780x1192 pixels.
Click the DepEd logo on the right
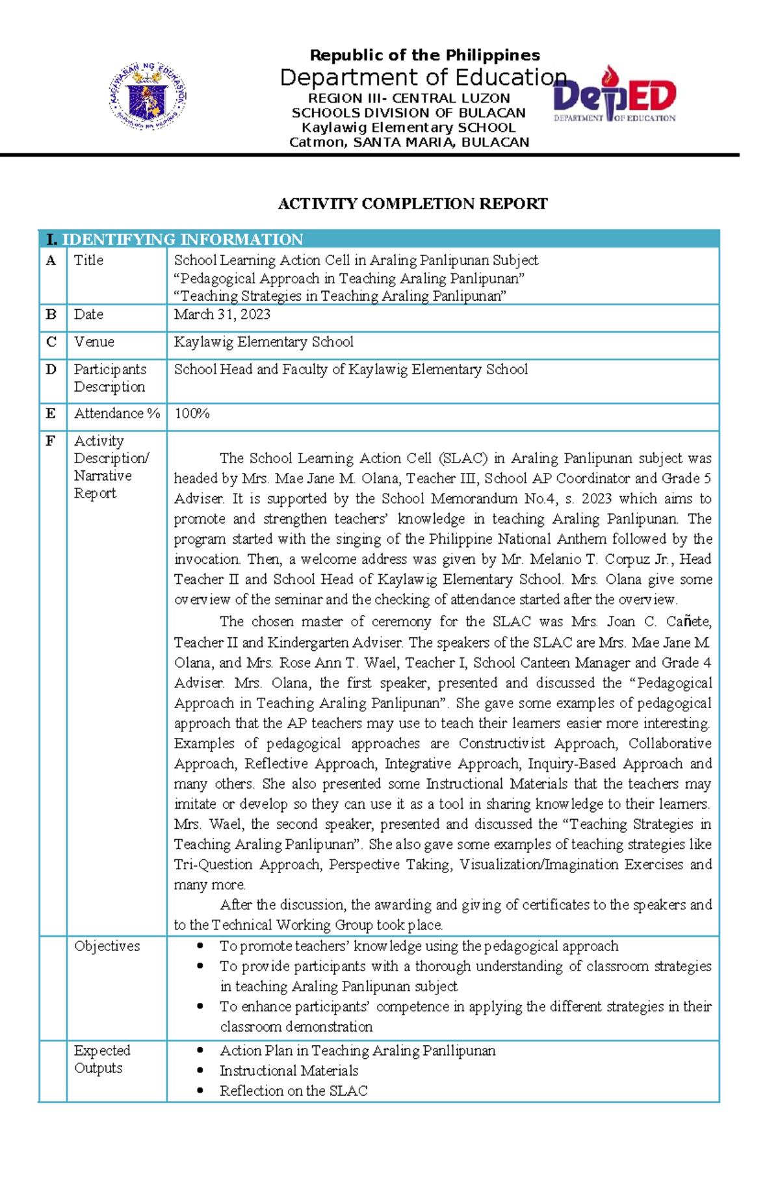(614, 97)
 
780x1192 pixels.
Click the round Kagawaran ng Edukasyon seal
(148, 97)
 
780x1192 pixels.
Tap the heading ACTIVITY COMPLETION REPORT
(412, 204)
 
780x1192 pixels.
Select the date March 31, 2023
(222, 314)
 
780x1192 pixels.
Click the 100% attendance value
(192, 413)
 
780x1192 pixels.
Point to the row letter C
(51, 342)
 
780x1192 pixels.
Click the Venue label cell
(94, 342)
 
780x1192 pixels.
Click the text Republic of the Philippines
(424, 55)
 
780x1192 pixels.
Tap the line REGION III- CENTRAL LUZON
(409, 98)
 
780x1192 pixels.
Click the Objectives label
(107, 946)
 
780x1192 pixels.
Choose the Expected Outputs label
(102, 1059)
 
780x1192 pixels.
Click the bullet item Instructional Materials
(289, 1071)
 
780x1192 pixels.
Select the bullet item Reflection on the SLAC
(293, 1091)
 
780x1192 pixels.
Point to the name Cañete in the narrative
(688, 622)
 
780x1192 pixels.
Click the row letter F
(51, 441)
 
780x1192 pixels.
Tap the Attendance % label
(117, 413)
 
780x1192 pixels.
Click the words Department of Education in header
(423, 77)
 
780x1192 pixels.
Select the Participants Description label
(110, 378)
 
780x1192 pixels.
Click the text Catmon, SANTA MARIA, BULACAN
(409, 142)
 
